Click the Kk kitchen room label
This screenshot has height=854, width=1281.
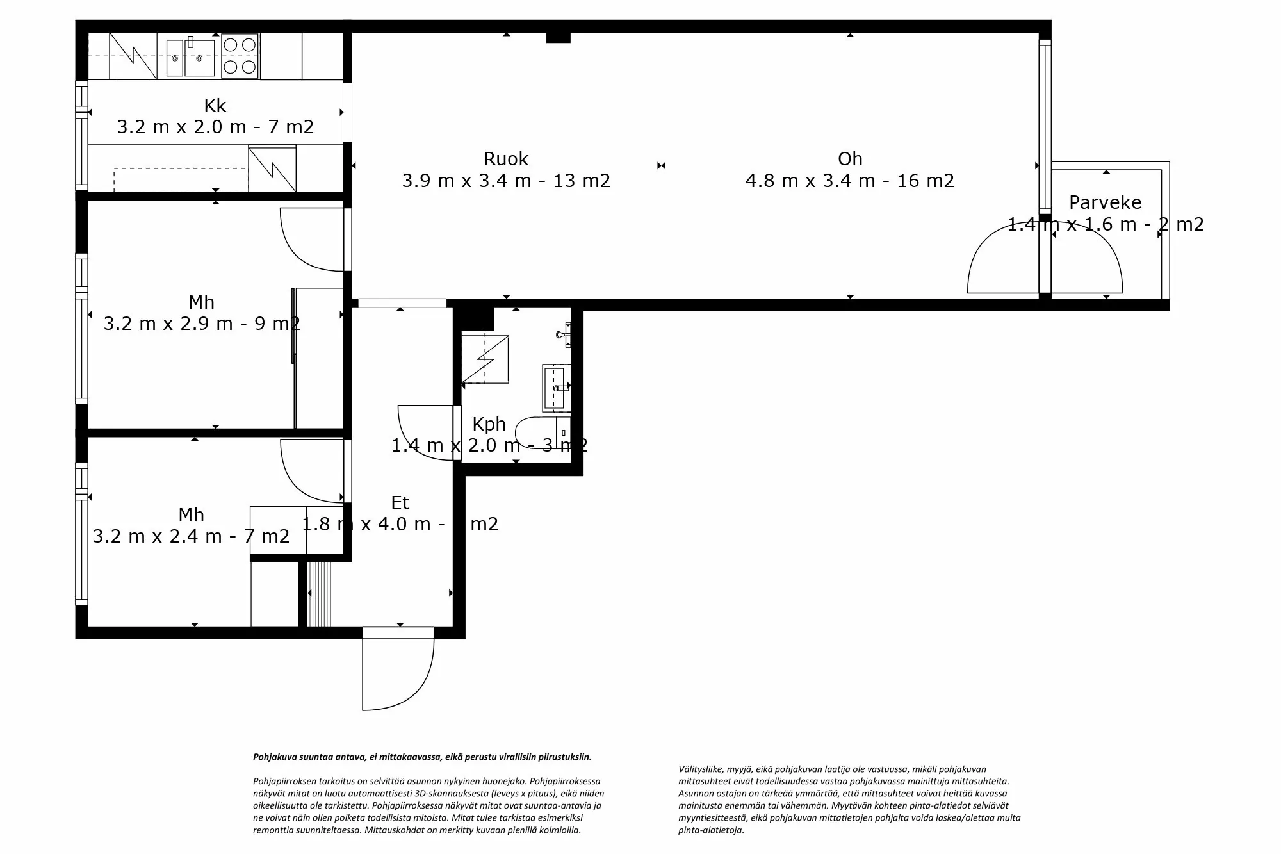tap(215, 106)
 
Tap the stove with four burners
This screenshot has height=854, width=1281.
tap(240, 56)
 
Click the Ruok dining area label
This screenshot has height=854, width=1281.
tap(505, 159)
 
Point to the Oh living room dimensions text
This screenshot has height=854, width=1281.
tap(849, 181)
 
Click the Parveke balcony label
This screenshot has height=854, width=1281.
tap(1105, 202)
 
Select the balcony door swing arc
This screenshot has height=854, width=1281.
tap(1045, 259)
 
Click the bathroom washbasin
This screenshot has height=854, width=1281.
tap(555, 387)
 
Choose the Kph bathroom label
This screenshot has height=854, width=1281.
tap(489, 424)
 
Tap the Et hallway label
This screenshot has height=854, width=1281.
tap(400, 503)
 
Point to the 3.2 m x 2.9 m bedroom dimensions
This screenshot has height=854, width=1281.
tap(201, 324)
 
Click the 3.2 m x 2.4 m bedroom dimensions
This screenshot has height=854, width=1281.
tap(191, 536)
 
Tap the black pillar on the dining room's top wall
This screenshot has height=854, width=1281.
tap(558, 37)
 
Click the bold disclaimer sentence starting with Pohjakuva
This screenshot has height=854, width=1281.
tap(422, 757)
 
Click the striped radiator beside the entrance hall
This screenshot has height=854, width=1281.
tap(319, 594)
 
